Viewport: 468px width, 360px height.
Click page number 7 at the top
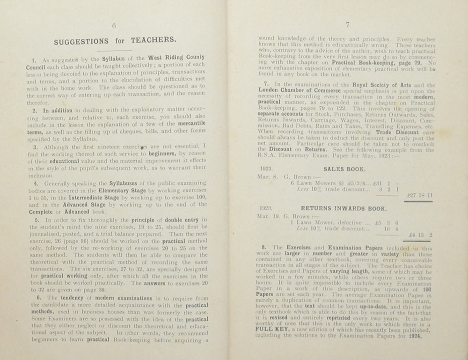pyautogui.click(x=347, y=25)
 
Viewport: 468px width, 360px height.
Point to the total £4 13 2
pyautogui.click(x=420, y=236)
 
